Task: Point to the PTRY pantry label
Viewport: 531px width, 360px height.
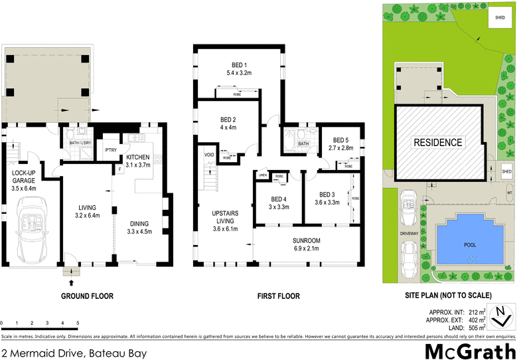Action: [111, 151]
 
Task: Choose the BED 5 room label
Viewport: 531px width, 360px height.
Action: [341, 144]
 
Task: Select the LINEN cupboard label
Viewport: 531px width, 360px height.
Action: [262, 175]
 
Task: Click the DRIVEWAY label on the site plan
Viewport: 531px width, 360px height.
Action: [409, 234]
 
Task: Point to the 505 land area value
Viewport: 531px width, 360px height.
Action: [474, 326]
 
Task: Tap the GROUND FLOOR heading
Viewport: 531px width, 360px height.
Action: [87, 296]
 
